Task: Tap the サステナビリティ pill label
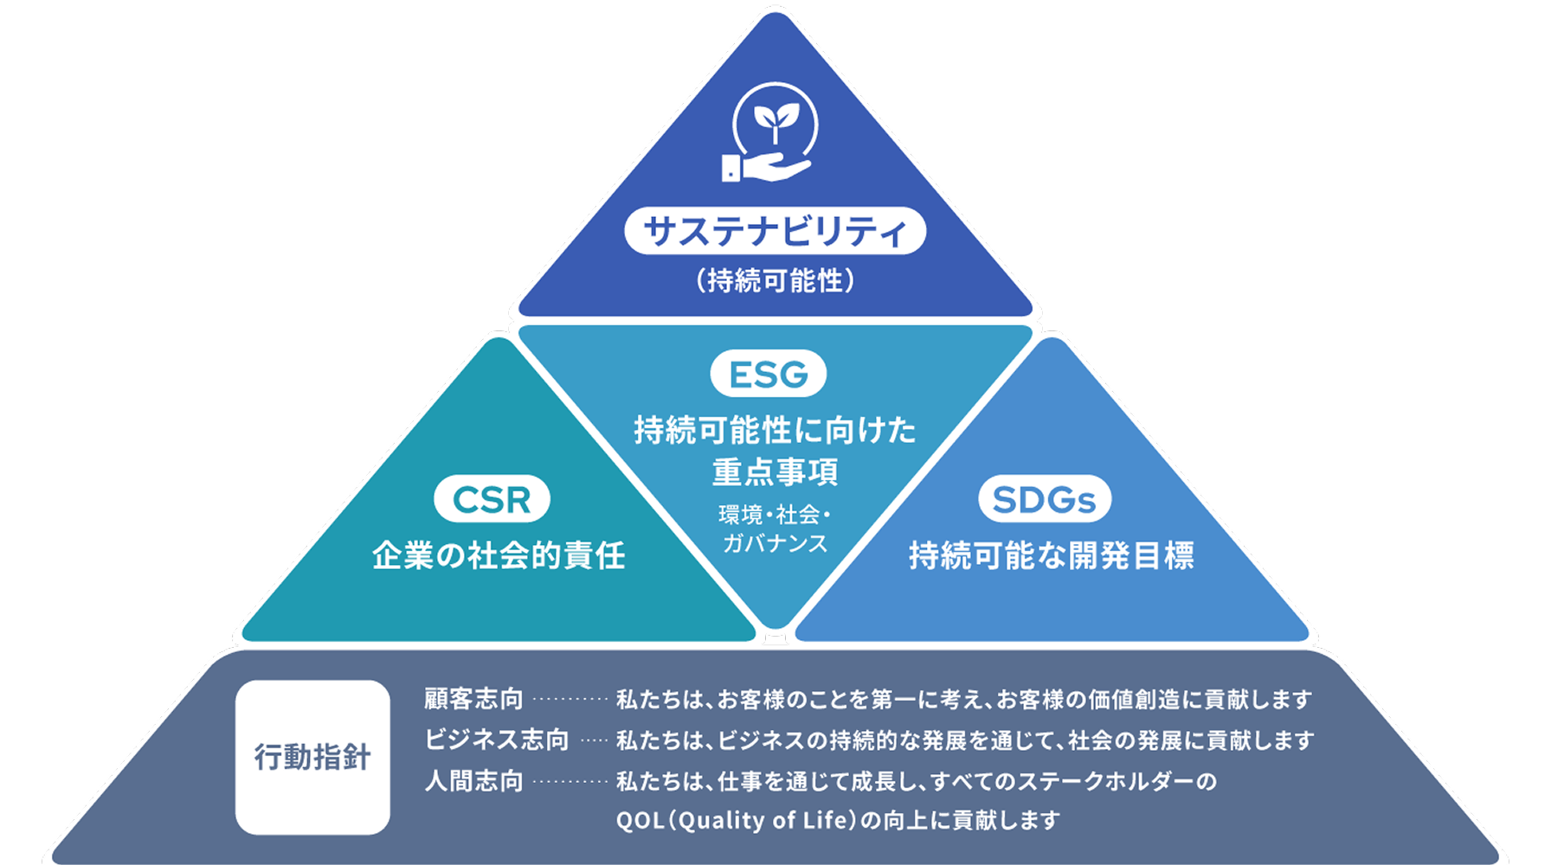point(775,231)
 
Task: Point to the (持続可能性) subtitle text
point(775,280)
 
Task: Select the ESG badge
point(769,375)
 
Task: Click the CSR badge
point(492,499)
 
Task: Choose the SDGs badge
point(1044,499)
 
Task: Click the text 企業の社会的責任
point(499,555)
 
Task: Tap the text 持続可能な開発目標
point(1051,555)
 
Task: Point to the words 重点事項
point(775,472)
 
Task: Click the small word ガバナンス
point(775,543)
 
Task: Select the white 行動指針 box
point(312,757)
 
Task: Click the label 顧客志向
point(473,698)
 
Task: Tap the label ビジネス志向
point(496,740)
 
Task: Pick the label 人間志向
point(473,781)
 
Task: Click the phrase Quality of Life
point(761,819)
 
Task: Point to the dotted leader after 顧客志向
point(570,699)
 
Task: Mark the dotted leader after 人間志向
point(570,782)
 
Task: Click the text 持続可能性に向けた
point(775,430)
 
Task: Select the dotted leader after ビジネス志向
point(594,740)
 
